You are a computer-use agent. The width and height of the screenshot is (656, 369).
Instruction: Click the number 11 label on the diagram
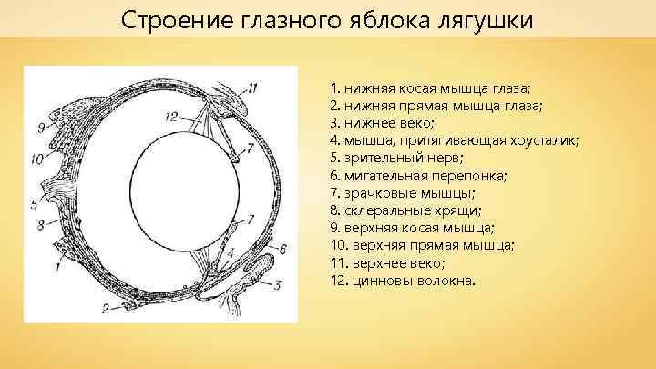click(x=253, y=87)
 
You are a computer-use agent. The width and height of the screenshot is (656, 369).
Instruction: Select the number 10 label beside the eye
click(x=36, y=158)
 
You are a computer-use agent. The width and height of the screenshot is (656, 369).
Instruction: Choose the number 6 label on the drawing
click(x=283, y=248)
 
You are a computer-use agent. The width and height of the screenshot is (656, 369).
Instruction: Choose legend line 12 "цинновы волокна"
click(x=403, y=281)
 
